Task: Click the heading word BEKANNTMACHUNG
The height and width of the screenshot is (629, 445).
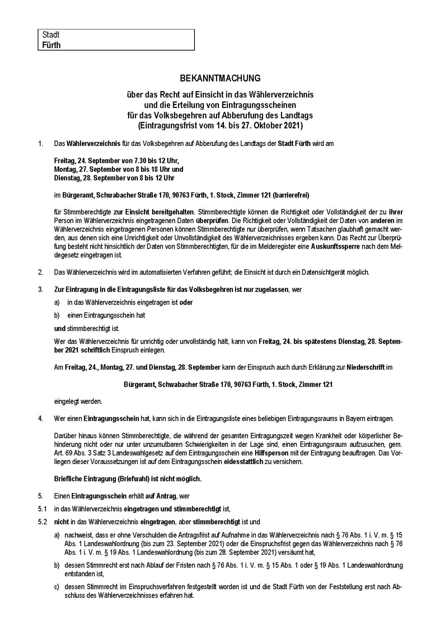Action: click(x=220, y=78)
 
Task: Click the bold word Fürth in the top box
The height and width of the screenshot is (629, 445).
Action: click(x=51, y=45)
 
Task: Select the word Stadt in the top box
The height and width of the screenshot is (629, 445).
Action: click(x=51, y=35)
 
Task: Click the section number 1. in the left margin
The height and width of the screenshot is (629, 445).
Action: click(x=41, y=144)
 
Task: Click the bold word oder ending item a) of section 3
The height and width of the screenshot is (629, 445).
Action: click(x=186, y=302)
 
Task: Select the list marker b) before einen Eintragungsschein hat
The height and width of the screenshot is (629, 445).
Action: click(x=57, y=315)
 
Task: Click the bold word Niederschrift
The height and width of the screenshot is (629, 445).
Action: click(x=366, y=367)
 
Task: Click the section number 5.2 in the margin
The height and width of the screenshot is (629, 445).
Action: click(x=42, y=521)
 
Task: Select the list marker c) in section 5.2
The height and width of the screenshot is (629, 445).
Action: click(x=57, y=587)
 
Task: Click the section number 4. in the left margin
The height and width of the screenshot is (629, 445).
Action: click(x=41, y=419)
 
